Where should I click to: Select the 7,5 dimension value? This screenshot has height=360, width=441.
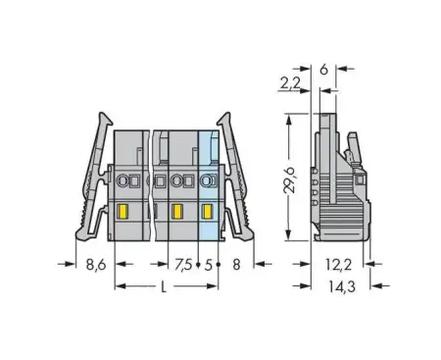183,264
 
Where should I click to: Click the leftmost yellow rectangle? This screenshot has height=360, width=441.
124,211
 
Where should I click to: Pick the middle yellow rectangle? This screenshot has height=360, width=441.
176,211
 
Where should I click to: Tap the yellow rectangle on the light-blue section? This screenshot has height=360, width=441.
207,211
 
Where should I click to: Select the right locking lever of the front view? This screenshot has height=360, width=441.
234,167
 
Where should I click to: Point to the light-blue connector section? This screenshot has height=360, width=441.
208,186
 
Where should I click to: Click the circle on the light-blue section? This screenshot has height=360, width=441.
207,180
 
